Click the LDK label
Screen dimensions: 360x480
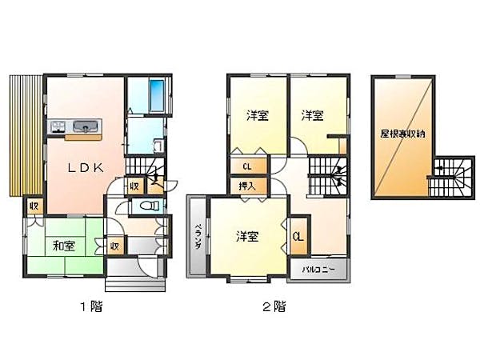click(x=85, y=167)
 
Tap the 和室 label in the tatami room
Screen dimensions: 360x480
click(x=64, y=245)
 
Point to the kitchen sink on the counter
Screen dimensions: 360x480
click(x=84, y=126)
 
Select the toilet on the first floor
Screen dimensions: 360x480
click(x=148, y=206)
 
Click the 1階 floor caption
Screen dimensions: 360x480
click(x=90, y=306)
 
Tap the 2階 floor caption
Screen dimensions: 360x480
click(x=274, y=306)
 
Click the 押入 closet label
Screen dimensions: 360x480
click(x=247, y=185)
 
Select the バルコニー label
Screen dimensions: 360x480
click(x=318, y=270)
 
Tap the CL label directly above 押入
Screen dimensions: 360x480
click(x=247, y=166)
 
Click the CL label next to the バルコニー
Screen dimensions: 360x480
click(x=298, y=236)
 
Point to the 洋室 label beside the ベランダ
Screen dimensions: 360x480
click(x=246, y=236)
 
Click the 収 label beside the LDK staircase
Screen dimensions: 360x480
click(x=135, y=186)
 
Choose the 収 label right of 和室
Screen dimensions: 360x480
click(x=115, y=246)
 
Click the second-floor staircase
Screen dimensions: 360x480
click(x=328, y=174)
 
